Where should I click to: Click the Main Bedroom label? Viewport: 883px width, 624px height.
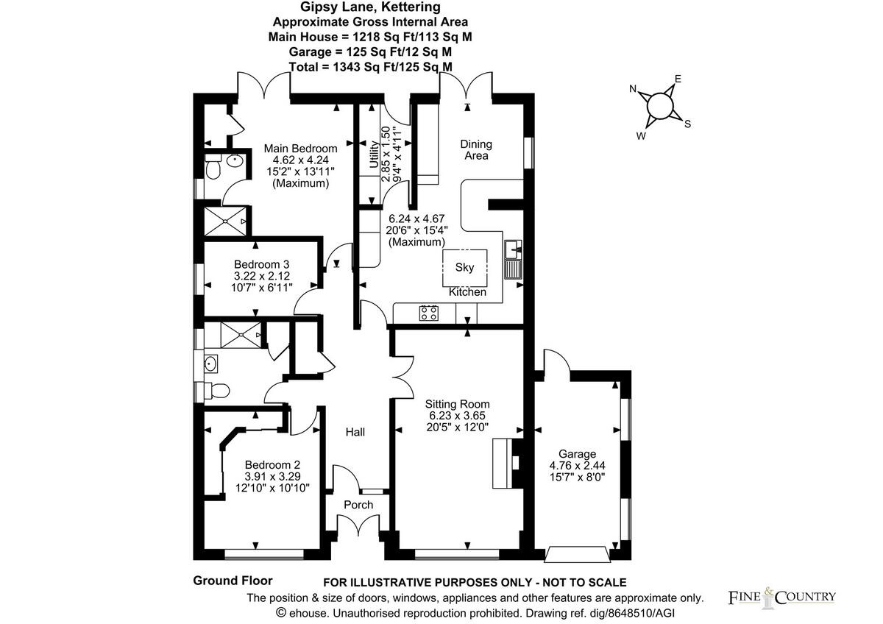coord(300,149)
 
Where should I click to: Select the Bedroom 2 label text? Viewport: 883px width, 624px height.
coord(272,465)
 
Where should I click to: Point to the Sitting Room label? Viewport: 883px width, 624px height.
coord(457,404)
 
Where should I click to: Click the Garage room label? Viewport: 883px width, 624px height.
coord(577,454)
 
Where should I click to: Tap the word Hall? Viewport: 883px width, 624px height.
coord(355,432)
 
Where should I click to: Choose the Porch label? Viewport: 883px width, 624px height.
coord(358,505)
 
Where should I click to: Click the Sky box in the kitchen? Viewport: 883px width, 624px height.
coord(464,268)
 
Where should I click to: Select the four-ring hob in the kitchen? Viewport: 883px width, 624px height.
coord(428,313)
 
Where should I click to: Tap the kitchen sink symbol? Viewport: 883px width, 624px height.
coord(513,258)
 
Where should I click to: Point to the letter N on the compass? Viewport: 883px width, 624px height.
coord(632,89)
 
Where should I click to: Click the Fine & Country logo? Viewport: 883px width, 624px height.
coord(781,596)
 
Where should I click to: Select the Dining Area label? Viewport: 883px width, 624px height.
coord(475,149)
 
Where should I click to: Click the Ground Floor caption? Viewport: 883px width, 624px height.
coord(233,581)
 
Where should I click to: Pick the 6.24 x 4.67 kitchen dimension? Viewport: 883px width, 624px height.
coord(416,219)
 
